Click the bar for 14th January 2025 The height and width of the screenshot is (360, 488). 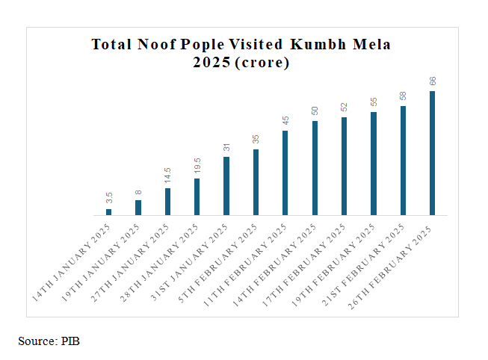[x=108, y=212]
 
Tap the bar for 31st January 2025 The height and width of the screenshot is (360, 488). [x=226, y=186]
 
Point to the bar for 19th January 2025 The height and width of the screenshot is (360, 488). [x=138, y=208]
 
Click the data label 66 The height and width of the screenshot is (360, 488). [x=433, y=81]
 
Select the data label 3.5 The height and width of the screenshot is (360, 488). [x=109, y=199]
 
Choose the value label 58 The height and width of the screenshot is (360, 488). [x=404, y=96]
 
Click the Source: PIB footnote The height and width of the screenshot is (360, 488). [x=49, y=341]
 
